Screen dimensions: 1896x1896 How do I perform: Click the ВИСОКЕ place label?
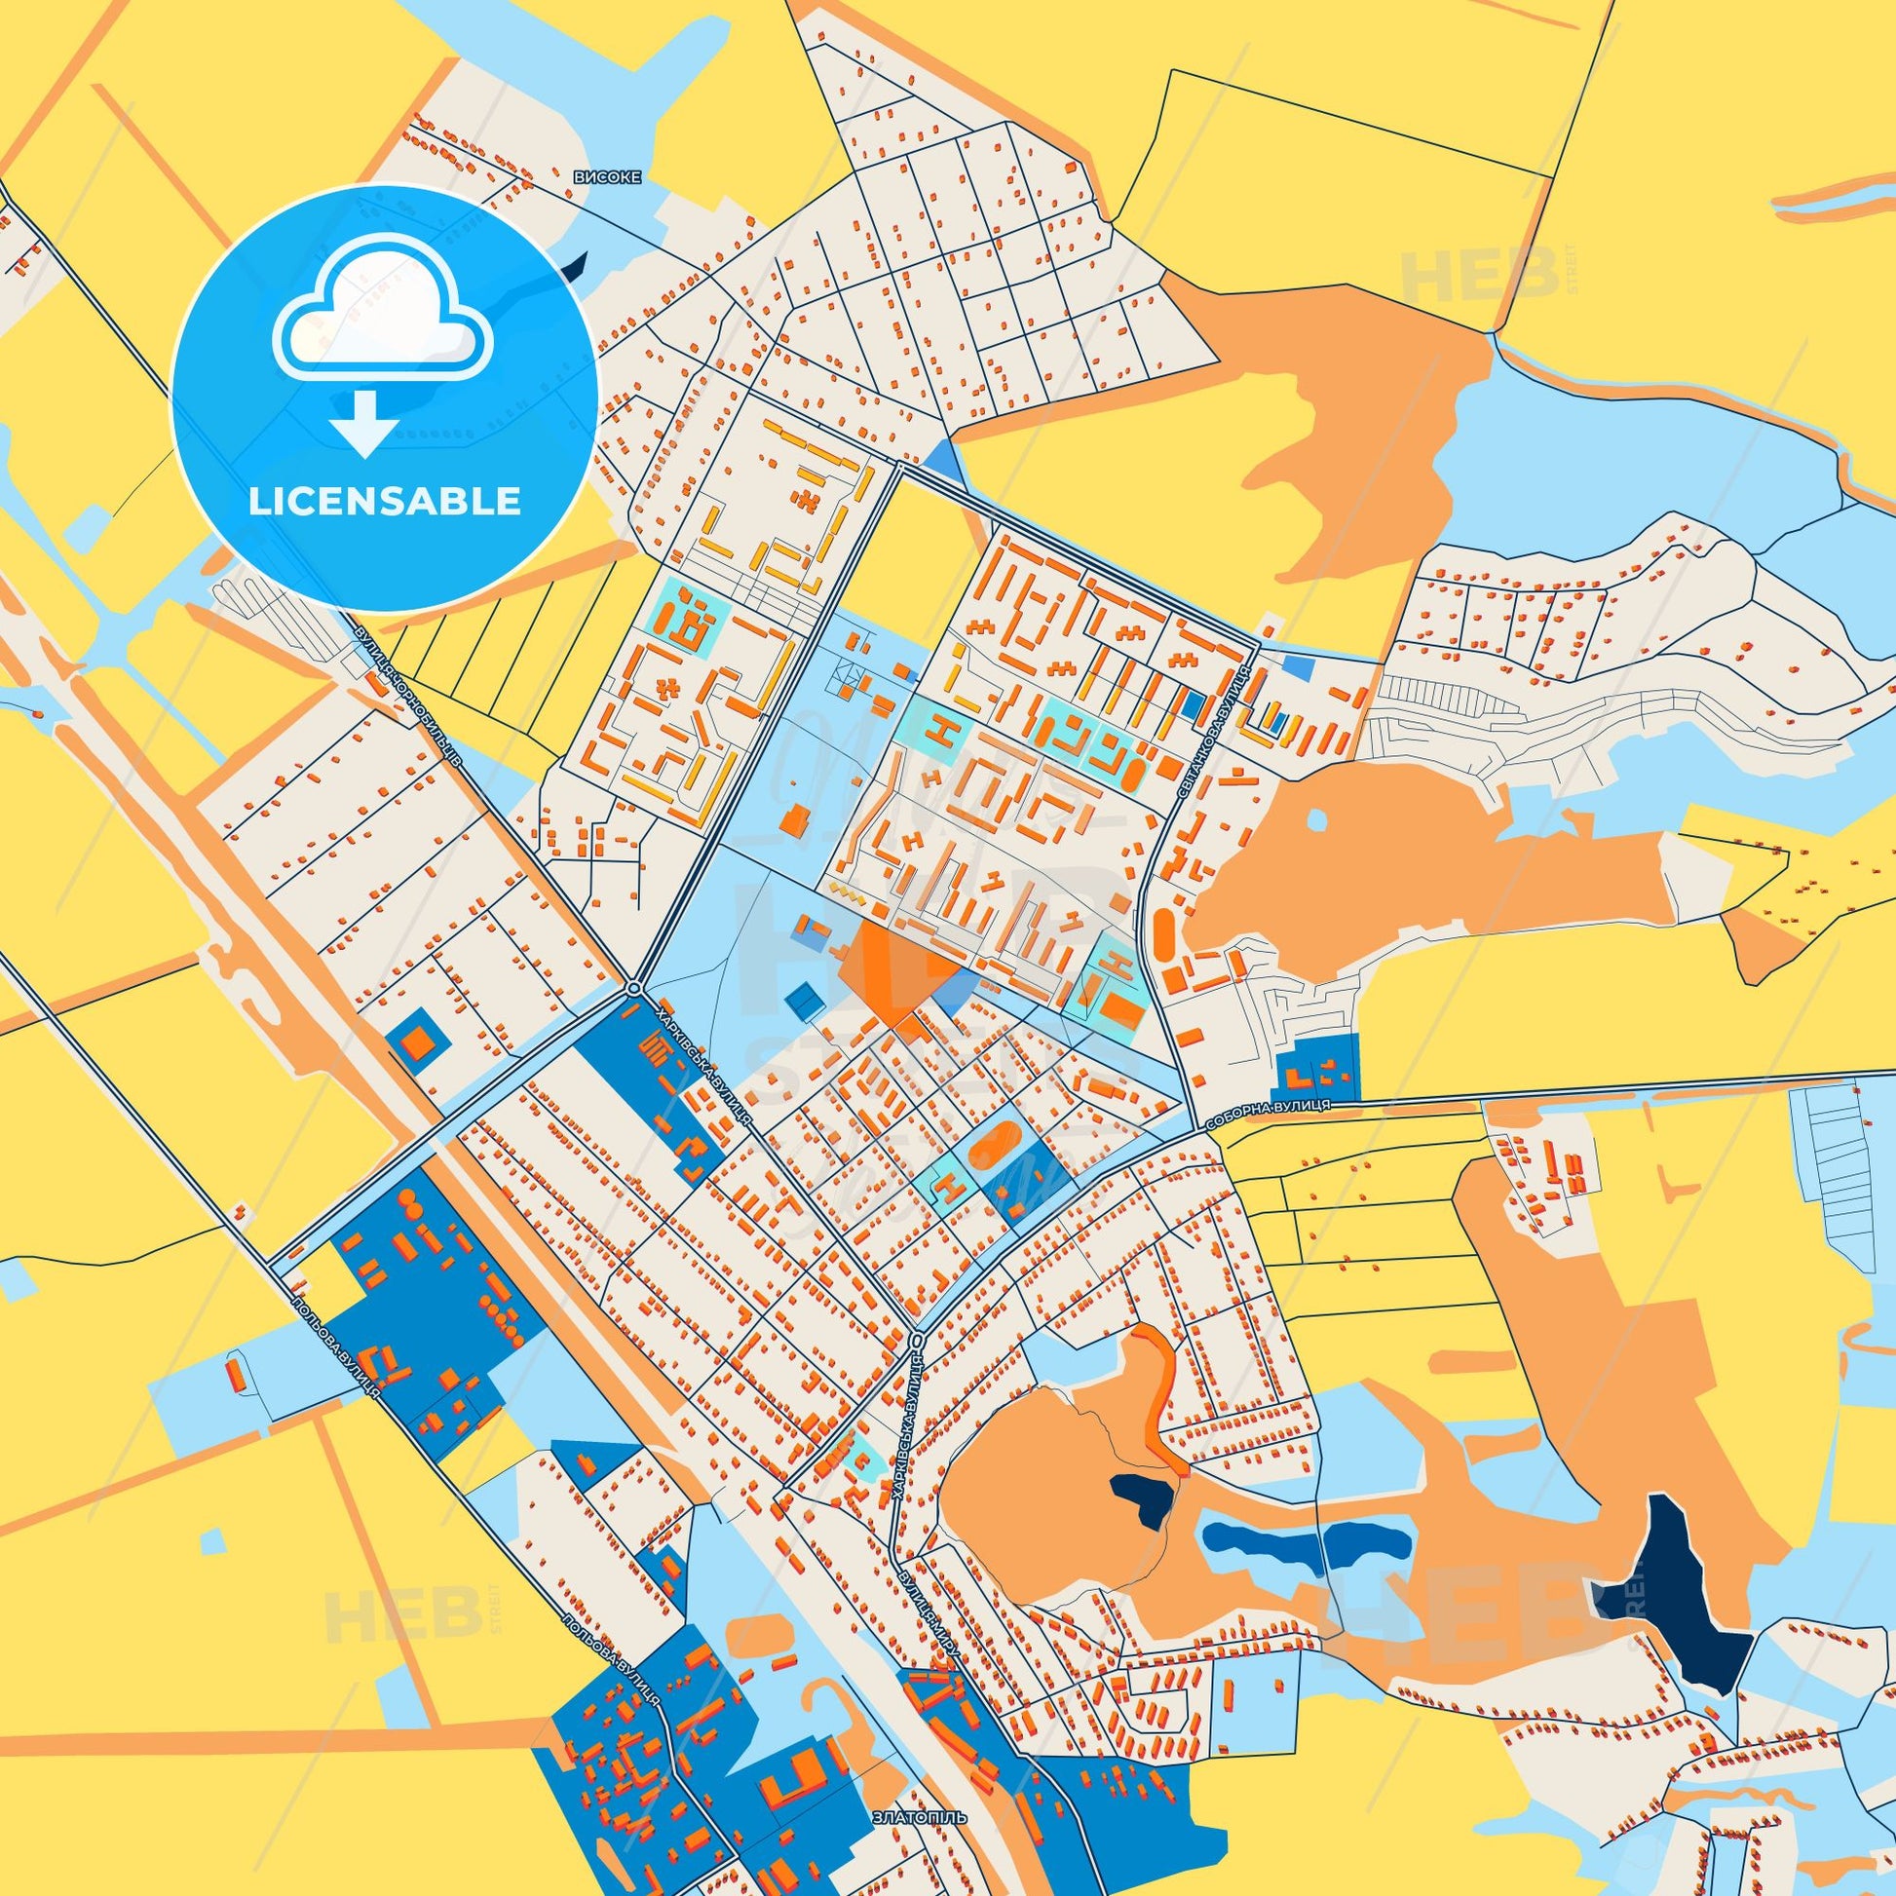tap(607, 177)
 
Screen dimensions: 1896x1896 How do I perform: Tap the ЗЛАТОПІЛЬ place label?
tap(920, 1789)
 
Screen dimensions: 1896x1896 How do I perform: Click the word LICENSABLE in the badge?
tap(384, 502)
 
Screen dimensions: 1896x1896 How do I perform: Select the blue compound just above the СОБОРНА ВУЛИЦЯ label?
tap(1317, 1067)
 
